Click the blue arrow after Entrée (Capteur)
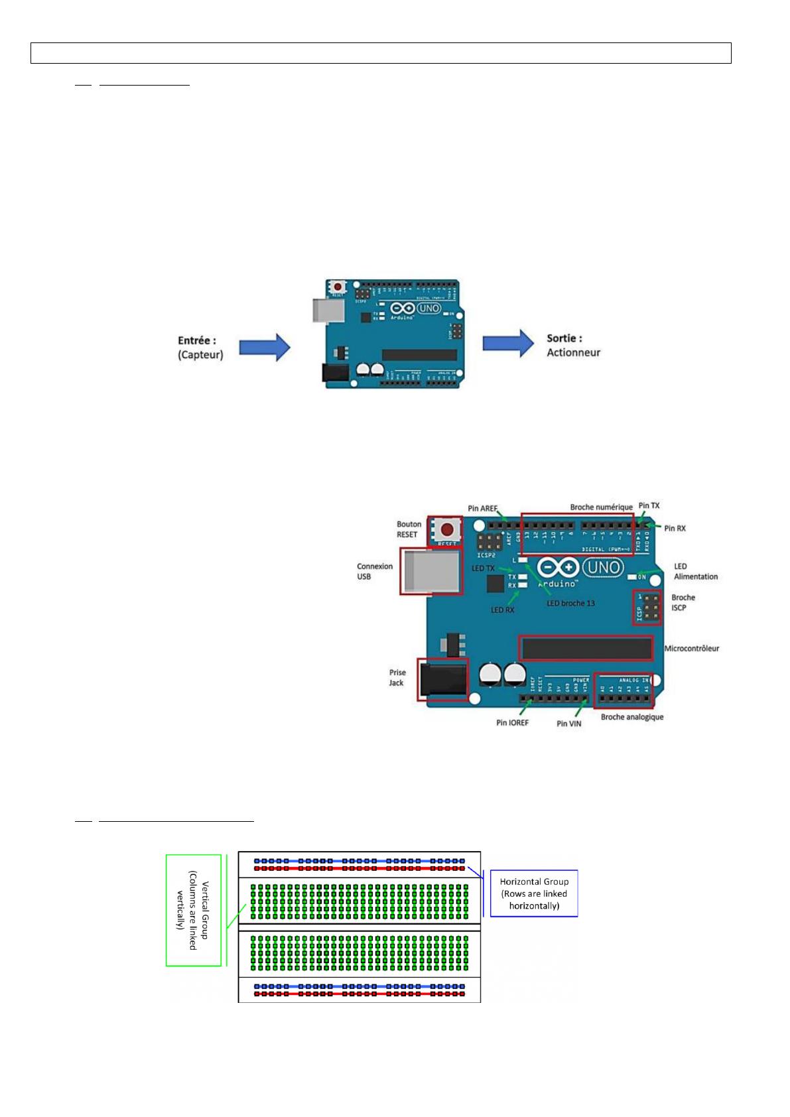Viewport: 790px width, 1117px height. (x=264, y=347)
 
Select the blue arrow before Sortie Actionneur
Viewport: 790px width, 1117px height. (x=507, y=343)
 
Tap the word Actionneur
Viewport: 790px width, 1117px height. (x=573, y=352)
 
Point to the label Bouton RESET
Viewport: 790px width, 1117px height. (x=409, y=529)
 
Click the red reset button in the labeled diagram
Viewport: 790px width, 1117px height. (x=448, y=529)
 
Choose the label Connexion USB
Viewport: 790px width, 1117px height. (x=375, y=571)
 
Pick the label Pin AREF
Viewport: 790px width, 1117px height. (x=482, y=509)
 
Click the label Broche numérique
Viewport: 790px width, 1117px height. (x=601, y=507)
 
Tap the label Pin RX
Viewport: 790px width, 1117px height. (x=675, y=528)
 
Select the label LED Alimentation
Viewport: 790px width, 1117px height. (x=695, y=572)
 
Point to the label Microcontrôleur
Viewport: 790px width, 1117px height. (x=691, y=648)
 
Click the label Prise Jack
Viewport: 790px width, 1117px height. (x=397, y=677)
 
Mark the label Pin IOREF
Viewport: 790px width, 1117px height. (x=512, y=722)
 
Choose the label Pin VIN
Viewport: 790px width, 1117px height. (x=568, y=723)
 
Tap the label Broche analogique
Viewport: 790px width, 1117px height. (x=631, y=717)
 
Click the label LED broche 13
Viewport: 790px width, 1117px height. (x=570, y=603)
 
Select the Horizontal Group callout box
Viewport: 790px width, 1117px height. (x=534, y=893)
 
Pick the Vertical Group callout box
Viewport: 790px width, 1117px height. (x=193, y=910)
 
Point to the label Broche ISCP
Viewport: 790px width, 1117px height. (x=683, y=602)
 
